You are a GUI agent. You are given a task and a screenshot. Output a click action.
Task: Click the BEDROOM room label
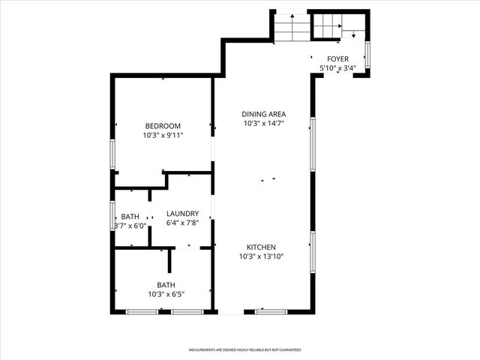(x=163, y=126)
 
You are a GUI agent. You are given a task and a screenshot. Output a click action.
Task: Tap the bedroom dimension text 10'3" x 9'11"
(x=163, y=136)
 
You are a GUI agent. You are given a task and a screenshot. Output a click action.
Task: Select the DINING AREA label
(x=262, y=114)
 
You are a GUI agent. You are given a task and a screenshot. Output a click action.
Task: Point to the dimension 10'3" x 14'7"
(x=262, y=123)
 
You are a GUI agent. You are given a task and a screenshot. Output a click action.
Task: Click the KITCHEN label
(x=262, y=247)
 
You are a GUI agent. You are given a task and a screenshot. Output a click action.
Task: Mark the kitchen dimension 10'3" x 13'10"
(x=262, y=256)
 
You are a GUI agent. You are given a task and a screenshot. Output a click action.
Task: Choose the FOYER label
(x=337, y=58)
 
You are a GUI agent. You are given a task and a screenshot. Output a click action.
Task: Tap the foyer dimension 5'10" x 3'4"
(x=337, y=68)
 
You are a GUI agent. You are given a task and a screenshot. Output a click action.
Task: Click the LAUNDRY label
(x=182, y=214)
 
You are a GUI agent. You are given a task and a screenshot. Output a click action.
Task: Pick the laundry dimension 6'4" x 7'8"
(x=182, y=223)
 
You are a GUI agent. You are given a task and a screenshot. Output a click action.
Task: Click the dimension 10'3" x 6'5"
(x=166, y=294)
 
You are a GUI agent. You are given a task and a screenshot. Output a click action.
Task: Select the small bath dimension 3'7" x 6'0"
(x=130, y=226)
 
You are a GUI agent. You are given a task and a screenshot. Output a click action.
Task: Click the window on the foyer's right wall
(x=367, y=53)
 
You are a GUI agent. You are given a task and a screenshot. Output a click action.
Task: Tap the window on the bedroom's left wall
(x=112, y=154)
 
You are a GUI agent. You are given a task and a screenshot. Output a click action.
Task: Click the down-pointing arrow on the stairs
(x=352, y=34)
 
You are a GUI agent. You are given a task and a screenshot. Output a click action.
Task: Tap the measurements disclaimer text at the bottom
(x=244, y=350)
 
